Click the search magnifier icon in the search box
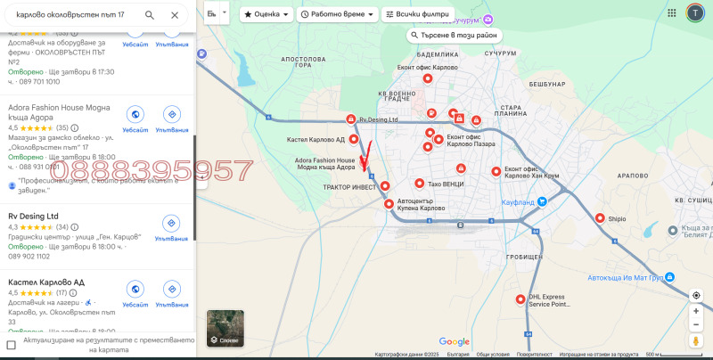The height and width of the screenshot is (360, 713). coord(150,15)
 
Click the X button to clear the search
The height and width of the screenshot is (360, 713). coord(175,15)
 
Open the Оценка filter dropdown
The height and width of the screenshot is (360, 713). coord(266,15)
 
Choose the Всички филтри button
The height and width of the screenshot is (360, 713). coord(417,15)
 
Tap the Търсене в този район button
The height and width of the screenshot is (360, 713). coord(455,36)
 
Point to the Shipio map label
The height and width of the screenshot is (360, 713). coord(617,217)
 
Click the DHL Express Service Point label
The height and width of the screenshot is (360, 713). coord(548,300)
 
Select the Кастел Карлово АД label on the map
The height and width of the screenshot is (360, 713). coord(316,140)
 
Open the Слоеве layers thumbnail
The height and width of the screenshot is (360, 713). coord(225,327)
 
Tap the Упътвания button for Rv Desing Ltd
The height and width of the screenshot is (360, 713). coord(172,226)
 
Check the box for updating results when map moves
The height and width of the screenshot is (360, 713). coord(12,345)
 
